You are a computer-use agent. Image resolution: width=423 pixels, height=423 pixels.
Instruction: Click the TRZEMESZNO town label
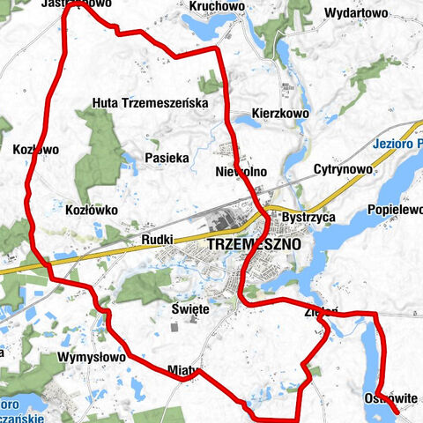254,243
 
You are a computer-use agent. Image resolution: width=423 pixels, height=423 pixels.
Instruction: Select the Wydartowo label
356,13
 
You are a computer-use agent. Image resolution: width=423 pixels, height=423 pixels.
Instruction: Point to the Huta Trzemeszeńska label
150,103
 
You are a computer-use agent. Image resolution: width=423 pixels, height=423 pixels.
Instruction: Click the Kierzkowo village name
280,114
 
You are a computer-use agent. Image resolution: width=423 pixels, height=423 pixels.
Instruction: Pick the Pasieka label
167,159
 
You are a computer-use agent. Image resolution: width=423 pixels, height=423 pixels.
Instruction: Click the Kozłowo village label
36,150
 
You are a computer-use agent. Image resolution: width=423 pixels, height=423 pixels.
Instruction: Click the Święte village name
190,309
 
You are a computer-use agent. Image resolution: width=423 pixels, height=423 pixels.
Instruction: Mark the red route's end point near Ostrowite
395,411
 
